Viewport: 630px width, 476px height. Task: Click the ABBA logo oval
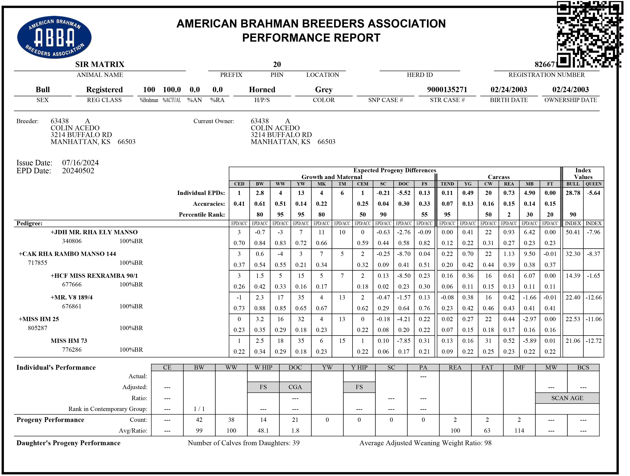point(54,37)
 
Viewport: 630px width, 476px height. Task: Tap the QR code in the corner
point(590,34)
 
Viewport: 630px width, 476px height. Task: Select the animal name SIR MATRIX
point(100,64)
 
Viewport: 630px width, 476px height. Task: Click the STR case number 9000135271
point(447,90)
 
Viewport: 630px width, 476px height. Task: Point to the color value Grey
point(324,90)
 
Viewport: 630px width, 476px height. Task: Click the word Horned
point(262,90)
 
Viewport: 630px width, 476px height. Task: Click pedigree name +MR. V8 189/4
point(71,297)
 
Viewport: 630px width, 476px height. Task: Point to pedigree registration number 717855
point(37,263)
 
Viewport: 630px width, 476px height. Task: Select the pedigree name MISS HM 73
point(69,341)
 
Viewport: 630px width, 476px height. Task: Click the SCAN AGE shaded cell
point(567,398)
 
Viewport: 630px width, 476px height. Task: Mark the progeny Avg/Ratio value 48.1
point(263,431)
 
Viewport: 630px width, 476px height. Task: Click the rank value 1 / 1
point(199,409)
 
